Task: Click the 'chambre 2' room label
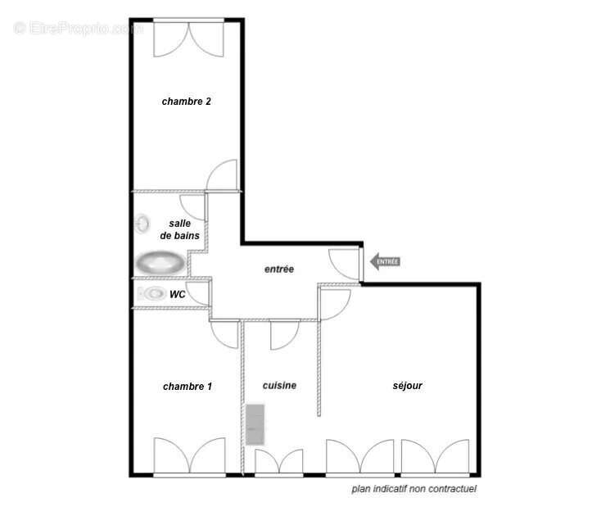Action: [x=186, y=102]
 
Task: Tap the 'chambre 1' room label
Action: [x=188, y=386]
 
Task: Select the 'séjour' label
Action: [x=407, y=385]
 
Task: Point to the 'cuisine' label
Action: [x=279, y=385]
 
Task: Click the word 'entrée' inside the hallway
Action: [x=278, y=269]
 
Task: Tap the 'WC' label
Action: [x=178, y=293]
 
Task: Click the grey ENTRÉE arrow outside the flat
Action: [x=384, y=262]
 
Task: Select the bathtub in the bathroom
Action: [x=160, y=263]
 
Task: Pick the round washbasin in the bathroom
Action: [x=143, y=223]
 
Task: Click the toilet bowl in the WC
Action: [x=153, y=293]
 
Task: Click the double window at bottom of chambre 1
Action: [x=189, y=457]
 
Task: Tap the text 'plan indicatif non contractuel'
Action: [x=413, y=489]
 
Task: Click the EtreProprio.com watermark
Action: [x=78, y=28]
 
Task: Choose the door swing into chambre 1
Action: [x=224, y=332]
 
